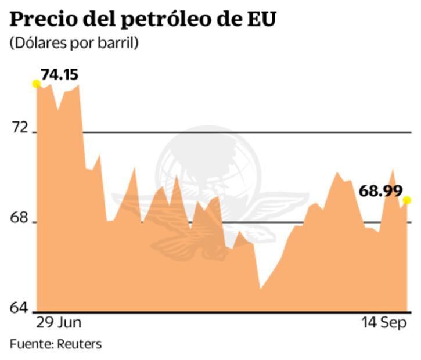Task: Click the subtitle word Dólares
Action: (38, 44)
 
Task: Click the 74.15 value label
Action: (59, 74)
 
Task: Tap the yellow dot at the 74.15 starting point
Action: (36, 84)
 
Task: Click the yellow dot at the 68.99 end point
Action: (406, 200)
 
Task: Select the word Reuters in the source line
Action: (79, 344)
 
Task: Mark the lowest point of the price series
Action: (260, 289)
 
